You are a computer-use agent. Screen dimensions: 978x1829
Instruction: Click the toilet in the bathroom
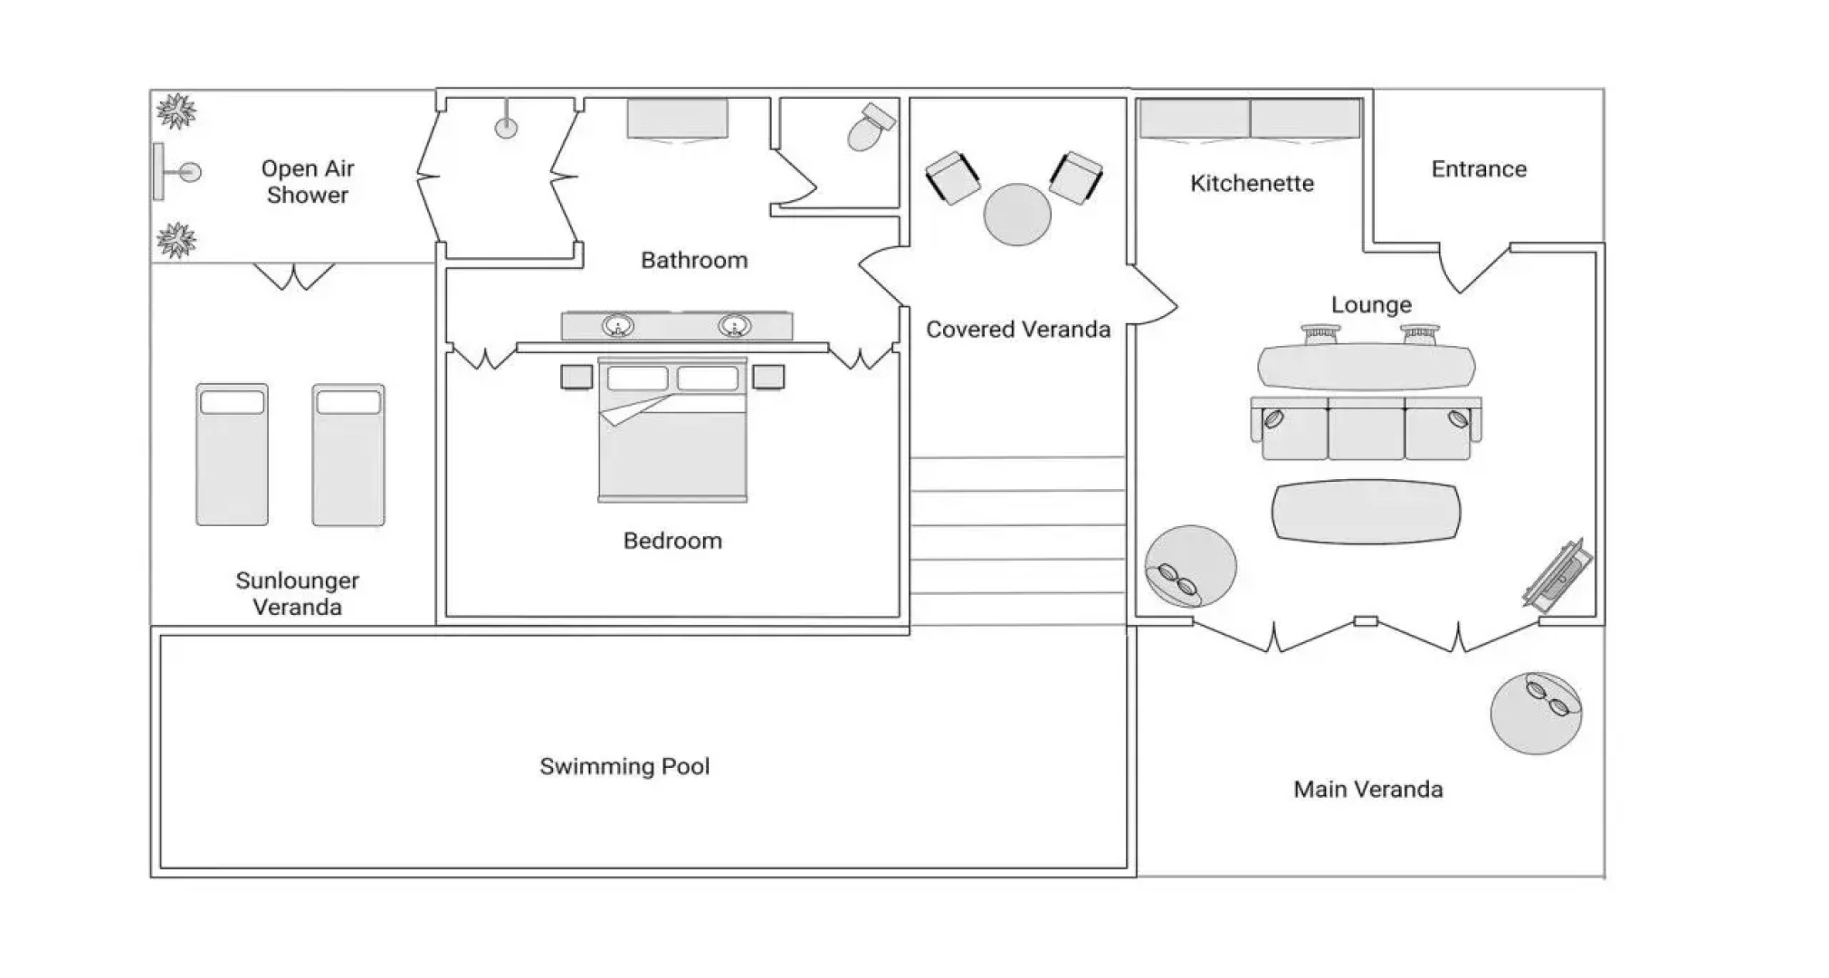[870, 127]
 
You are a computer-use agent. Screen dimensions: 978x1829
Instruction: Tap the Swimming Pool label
[624, 766]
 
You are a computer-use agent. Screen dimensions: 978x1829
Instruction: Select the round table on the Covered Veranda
[1017, 215]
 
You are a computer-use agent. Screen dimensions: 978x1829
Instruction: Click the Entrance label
[1478, 169]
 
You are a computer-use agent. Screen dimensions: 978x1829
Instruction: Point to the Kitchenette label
[1252, 184]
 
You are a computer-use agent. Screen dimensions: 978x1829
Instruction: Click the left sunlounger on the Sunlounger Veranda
[232, 454]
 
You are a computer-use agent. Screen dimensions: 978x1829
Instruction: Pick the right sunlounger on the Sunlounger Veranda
[348, 454]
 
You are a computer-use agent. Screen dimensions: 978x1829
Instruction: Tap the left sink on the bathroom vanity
[618, 325]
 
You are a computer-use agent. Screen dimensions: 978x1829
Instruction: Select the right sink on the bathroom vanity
[734, 325]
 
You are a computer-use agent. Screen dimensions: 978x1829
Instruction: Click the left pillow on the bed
[637, 378]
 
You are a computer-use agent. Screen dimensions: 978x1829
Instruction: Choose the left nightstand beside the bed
[576, 376]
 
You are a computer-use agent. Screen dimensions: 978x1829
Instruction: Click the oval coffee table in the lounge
[1366, 512]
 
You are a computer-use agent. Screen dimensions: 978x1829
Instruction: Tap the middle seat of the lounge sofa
[1366, 429]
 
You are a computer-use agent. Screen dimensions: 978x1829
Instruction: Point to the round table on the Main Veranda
[1536, 714]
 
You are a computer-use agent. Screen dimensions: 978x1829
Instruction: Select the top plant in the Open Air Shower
[176, 111]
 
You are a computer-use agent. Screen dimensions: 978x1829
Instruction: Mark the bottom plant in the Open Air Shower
[176, 240]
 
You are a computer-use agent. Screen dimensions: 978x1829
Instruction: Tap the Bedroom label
[672, 541]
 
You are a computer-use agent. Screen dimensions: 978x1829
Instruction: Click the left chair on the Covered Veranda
[952, 177]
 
